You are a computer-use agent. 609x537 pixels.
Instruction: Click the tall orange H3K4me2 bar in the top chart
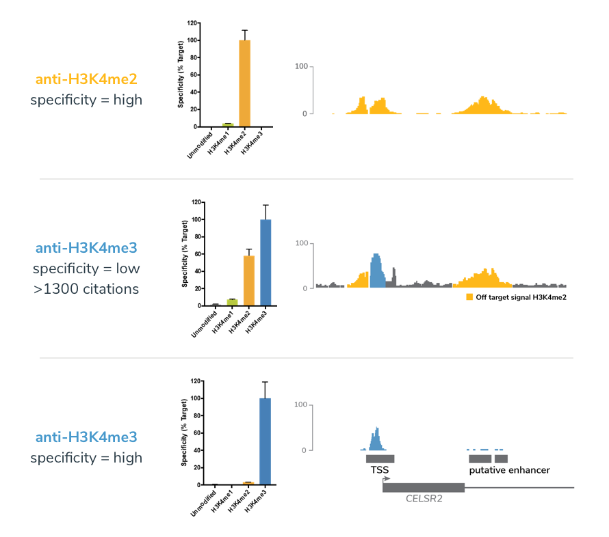(x=244, y=83)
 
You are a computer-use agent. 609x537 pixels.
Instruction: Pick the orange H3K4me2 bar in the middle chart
(x=248, y=280)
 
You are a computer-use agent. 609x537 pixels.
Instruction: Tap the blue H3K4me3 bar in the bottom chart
(x=265, y=441)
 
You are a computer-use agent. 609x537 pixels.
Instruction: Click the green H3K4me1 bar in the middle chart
(x=231, y=302)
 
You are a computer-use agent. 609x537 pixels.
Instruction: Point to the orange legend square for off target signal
(x=469, y=297)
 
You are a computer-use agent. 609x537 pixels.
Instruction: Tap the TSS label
(x=380, y=470)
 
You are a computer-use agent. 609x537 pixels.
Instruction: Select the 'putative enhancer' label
(x=509, y=470)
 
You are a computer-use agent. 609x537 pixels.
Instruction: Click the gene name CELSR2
(x=424, y=499)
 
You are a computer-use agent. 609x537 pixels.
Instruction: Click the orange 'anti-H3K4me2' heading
(x=86, y=79)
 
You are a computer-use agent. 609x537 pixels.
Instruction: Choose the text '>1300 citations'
(x=86, y=288)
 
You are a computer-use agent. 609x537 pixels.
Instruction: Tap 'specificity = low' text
(x=86, y=268)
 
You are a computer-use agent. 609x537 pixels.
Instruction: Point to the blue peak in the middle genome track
(x=377, y=271)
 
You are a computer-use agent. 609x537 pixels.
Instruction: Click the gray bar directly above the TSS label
(x=380, y=458)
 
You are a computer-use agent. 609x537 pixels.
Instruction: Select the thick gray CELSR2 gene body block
(x=424, y=487)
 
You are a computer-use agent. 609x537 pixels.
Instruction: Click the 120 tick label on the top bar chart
(x=192, y=23)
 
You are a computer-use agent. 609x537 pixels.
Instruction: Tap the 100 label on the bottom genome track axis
(x=300, y=405)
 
